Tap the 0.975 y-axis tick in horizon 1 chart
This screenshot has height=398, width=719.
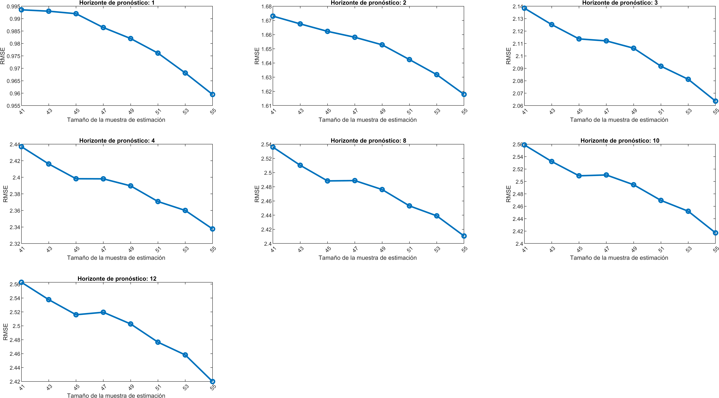tap(13, 56)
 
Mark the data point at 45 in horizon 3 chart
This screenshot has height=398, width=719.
tap(579, 39)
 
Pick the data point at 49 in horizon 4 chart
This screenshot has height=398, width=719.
tap(131, 186)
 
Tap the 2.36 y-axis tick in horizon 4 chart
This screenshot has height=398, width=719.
tap(15, 211)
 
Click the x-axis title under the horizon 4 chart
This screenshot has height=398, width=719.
tap(116, 258)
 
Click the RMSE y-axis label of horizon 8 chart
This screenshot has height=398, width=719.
tap(257, 194)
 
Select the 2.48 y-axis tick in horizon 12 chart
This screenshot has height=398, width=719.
tap(15, 340)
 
